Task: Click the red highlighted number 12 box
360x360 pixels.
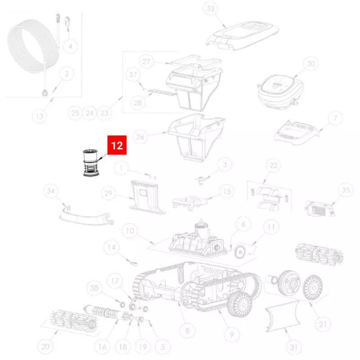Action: (117, 145)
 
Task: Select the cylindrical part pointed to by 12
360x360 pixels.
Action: (90, 163)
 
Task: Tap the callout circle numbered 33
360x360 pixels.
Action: (210, 9)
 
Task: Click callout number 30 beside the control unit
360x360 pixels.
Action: (310, 63)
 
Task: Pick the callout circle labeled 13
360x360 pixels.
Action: (40, 116)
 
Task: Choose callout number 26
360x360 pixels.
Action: (140, 137)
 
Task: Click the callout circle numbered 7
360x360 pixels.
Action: (335, 118)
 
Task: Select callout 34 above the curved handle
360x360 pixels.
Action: (50, 191)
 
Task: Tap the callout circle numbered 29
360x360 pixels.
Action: (108, 193)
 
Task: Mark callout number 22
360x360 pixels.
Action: (273, 165)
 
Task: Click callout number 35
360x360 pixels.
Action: (346, 190)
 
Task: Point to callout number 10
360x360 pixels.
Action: (130, 230)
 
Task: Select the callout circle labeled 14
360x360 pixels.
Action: (111, 247)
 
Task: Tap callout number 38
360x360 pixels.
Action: (94, 288)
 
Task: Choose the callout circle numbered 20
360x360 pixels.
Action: (45, 346)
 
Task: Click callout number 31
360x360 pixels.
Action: (294, 347)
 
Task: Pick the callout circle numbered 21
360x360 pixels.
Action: (323, 324)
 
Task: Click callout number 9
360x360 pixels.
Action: (231, 335)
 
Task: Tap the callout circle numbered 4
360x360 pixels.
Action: (70, 46)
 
